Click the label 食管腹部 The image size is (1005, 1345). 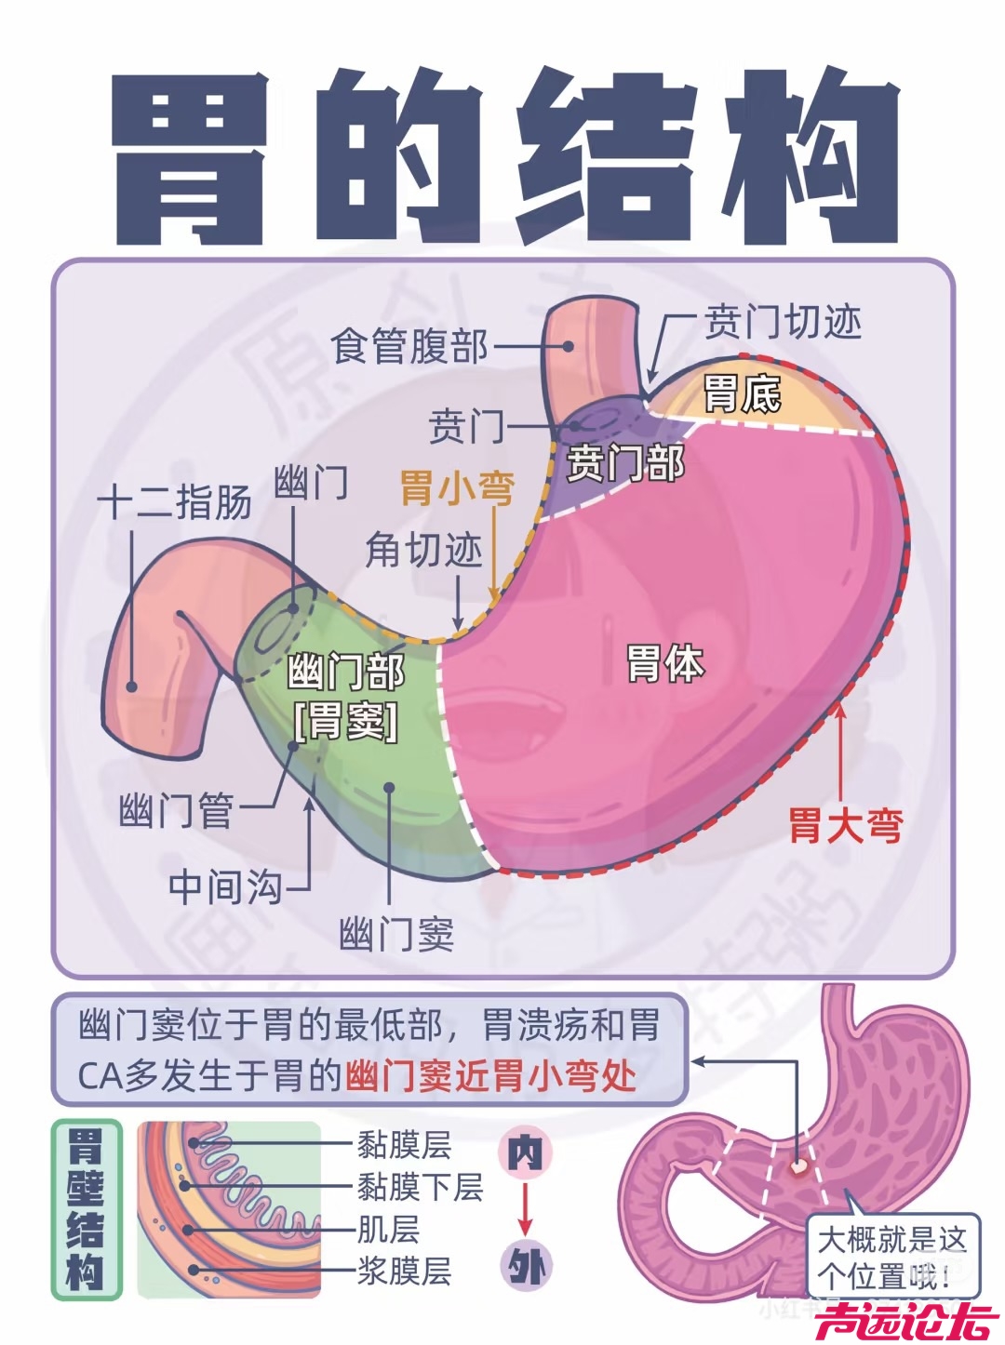tap(409, 347)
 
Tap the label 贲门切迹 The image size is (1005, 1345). tap(783, 322)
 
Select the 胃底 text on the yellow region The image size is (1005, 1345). tap(742, 393)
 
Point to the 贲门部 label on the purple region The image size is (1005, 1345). tap(625, 462)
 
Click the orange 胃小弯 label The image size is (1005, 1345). tap(457, 487)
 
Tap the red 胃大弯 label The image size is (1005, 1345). tap(846, 824)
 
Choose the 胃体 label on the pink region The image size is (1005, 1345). tap(665, 663)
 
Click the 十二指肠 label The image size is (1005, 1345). tap(175, 502)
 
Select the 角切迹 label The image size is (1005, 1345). tap(423, 550)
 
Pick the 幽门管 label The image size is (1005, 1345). tap(176, 810)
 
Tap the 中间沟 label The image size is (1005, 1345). tap(225, 886)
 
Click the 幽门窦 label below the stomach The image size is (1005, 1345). tap(397, 933)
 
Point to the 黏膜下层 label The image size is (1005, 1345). tap(420, 1187)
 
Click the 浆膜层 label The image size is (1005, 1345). tap(404, 1270)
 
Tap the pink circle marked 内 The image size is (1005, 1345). tap(525, 1153)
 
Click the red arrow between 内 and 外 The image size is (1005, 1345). tap(525, 1210)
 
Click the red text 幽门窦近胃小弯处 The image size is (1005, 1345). tap(490, 1076)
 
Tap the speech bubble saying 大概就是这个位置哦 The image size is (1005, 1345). tap(891, 1256)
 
